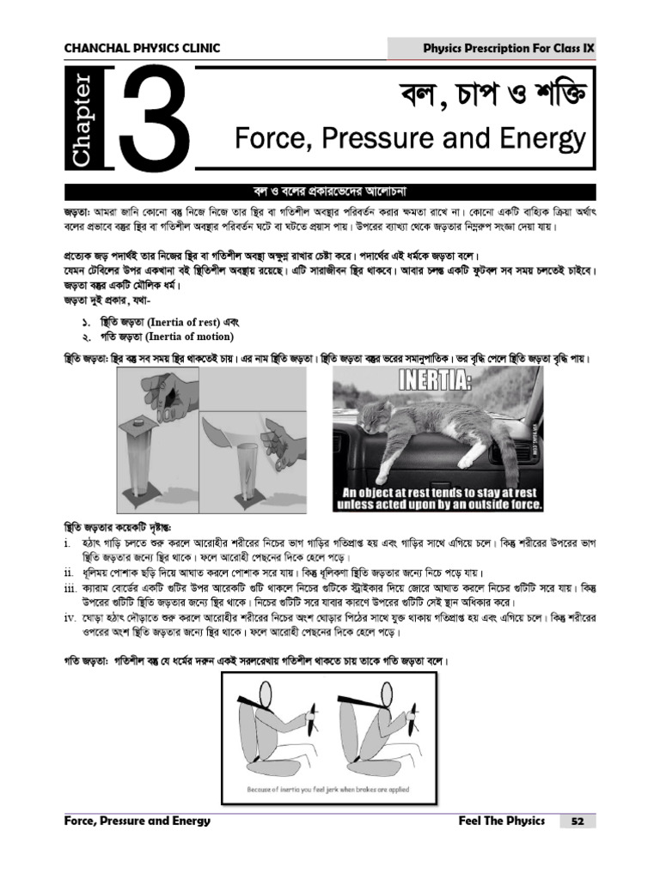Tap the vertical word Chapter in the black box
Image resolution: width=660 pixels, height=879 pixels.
[82, 120]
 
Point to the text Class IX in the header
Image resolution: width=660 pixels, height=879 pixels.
[571, 48]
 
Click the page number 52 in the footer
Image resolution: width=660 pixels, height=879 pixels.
[577, 821]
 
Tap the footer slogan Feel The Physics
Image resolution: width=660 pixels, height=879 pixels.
[502, 821]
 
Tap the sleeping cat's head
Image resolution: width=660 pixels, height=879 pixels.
[383, 420]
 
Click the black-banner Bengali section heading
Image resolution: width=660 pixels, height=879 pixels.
[330, 191]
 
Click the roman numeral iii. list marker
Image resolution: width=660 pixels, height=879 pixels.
[71, 588]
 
